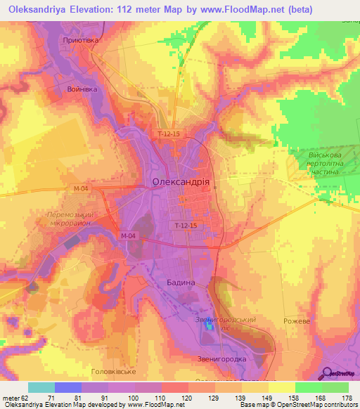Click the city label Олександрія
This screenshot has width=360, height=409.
click(181, 181)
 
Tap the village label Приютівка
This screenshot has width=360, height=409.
click(81, 41)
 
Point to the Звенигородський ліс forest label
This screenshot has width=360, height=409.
click(226, 324)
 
